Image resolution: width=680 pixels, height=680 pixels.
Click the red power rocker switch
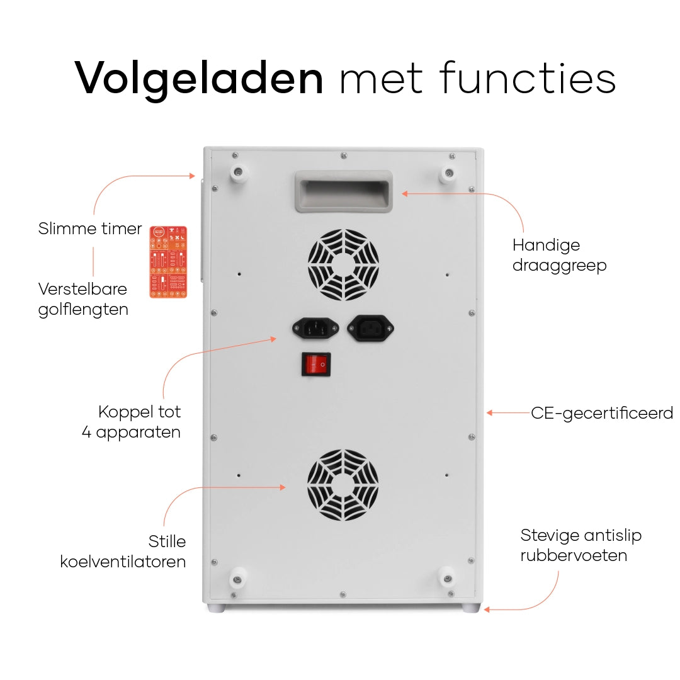(x=316, y=364)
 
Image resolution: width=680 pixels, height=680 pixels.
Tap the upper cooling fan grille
(x=344, y=264)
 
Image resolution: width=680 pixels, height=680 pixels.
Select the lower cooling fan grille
(x=343, y=485)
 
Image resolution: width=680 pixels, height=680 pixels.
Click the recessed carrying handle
(x=344, y=191)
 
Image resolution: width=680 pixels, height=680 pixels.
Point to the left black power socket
(x=315, y=328)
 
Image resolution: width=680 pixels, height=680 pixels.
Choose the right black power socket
(x=370, y=328)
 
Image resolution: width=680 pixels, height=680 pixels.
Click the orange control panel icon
(x=168, y=262)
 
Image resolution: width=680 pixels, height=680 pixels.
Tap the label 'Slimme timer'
(x=90, y=229)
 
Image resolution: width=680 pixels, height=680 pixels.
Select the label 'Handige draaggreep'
(x=560, y=256)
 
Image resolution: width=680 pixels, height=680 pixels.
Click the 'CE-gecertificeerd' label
(x=602, y=413)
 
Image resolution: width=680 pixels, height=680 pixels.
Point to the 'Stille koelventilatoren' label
(x=123, y=552)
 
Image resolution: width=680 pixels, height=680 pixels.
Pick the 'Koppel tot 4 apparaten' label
(x=132, y=422)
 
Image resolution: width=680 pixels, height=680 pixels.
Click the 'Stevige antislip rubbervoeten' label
(x=581, y=545)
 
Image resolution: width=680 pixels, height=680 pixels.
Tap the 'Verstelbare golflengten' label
(x=83, y=299)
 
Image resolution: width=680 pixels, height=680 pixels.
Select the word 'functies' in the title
(x=528, y=77)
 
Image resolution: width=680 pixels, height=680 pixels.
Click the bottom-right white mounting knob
(x=448, y=579)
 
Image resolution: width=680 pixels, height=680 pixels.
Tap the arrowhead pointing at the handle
(x=405, y=193)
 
